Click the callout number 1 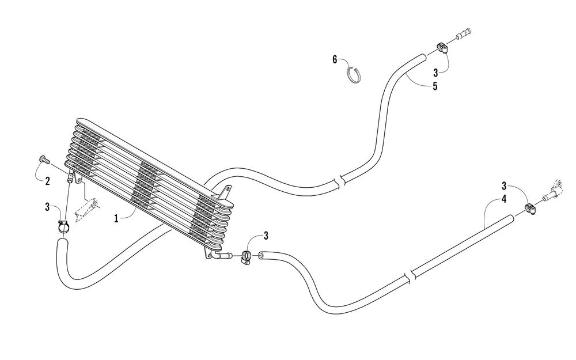point(116,219)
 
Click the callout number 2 point(47,181)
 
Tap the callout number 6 point(335,59)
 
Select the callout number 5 point(435,87)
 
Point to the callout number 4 point(504,199)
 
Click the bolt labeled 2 point(43,160)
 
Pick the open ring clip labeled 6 point(354,75)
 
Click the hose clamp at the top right point(441,48)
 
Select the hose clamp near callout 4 point(529,209)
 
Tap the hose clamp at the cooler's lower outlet point(246,256)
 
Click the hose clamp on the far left point(63,226)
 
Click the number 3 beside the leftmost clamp point(47,207)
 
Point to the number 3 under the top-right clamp point(435,73)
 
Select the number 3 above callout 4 point(505,185)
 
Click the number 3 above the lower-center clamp point(266,236)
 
